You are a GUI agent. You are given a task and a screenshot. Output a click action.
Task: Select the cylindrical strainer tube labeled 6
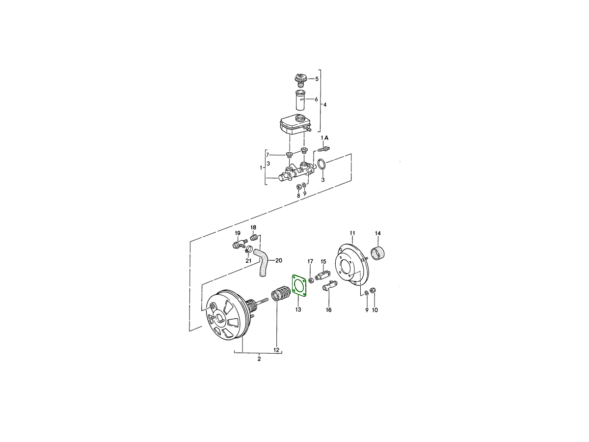[x=301, y=100]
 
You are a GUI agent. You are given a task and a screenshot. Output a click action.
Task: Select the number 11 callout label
[x=352, y=233]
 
